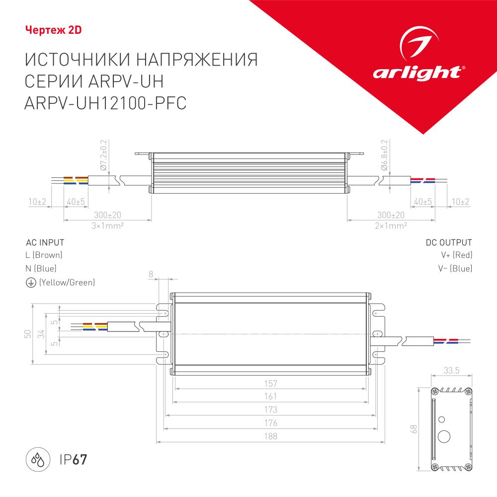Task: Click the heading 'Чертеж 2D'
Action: coord(53,30)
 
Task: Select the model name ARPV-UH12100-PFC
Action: coord(105,103)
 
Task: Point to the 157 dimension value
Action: coord(271,383)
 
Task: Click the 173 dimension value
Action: coord(271,410)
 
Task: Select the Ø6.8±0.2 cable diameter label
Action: coord(384,155)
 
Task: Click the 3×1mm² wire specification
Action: coord(107,225)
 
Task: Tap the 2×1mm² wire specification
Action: coord(391,225)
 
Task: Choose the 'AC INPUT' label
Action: coord(45,243)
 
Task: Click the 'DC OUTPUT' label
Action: coord(449,243)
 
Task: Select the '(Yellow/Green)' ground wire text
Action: coord(67,282)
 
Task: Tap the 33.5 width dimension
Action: coord(451,370)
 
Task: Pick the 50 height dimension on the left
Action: coord(27,334)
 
